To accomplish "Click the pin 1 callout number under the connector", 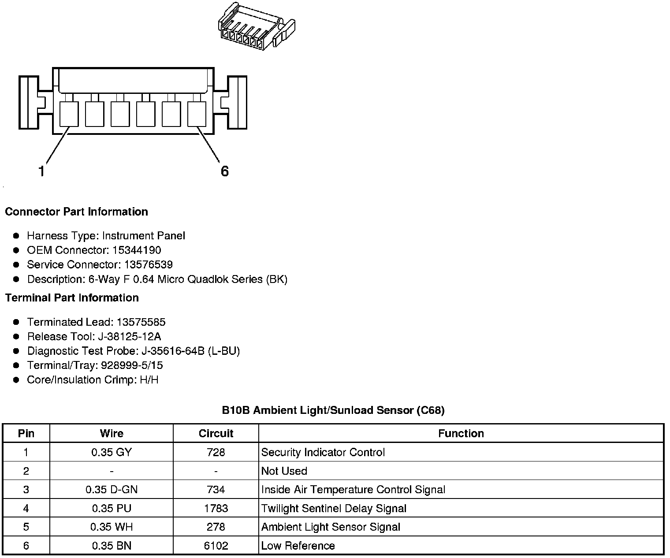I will click(x=41, y=171).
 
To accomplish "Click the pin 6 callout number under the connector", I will click(x=225, y=171).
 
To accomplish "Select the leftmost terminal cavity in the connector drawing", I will click(x=69, y=114).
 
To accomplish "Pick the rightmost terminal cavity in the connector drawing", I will click(x=197, y=114).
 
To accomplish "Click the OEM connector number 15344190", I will click(x=137, y=250).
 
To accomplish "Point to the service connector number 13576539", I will click(x=148, y=264).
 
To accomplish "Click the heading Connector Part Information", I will click(x=76, y=212).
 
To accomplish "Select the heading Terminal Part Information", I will click(x=72, y=298).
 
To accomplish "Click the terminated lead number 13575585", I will click(x=141, y=322).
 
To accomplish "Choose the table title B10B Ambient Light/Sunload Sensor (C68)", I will click(x=333, y=410).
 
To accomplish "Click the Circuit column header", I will click(x=216, y=433).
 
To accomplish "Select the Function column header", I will click(x=461, y=433).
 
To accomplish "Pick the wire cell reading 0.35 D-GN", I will click(x=112, y=489).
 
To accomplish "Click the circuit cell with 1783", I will click(x=216, y=508).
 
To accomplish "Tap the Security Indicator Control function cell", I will click(x=323, y=452).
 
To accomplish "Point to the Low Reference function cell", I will click(x=298, y=546).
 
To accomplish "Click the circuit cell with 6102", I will click(x=216, y=546).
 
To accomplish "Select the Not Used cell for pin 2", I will click(x=284, y=471).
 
